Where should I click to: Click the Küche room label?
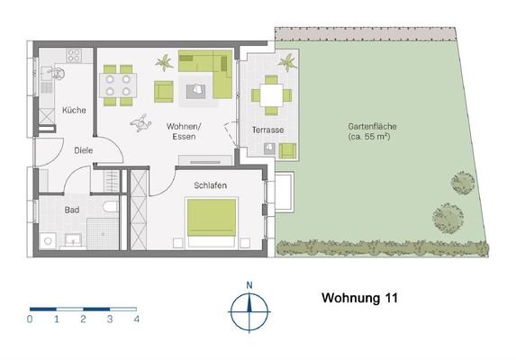coord(74,111)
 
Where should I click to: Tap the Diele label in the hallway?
coord(84,151)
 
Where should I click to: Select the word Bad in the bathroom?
coord(71,210)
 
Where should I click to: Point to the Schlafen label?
coord(210,185)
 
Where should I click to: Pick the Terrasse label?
coord(268,130)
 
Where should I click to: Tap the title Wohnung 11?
coord(360,295)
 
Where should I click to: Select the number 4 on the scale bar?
coord(136,319)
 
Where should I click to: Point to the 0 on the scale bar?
coord(30,319)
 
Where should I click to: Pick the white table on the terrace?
coord(269,94)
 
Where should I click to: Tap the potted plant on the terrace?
coord(287,65)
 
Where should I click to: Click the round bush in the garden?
coord(463,184)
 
